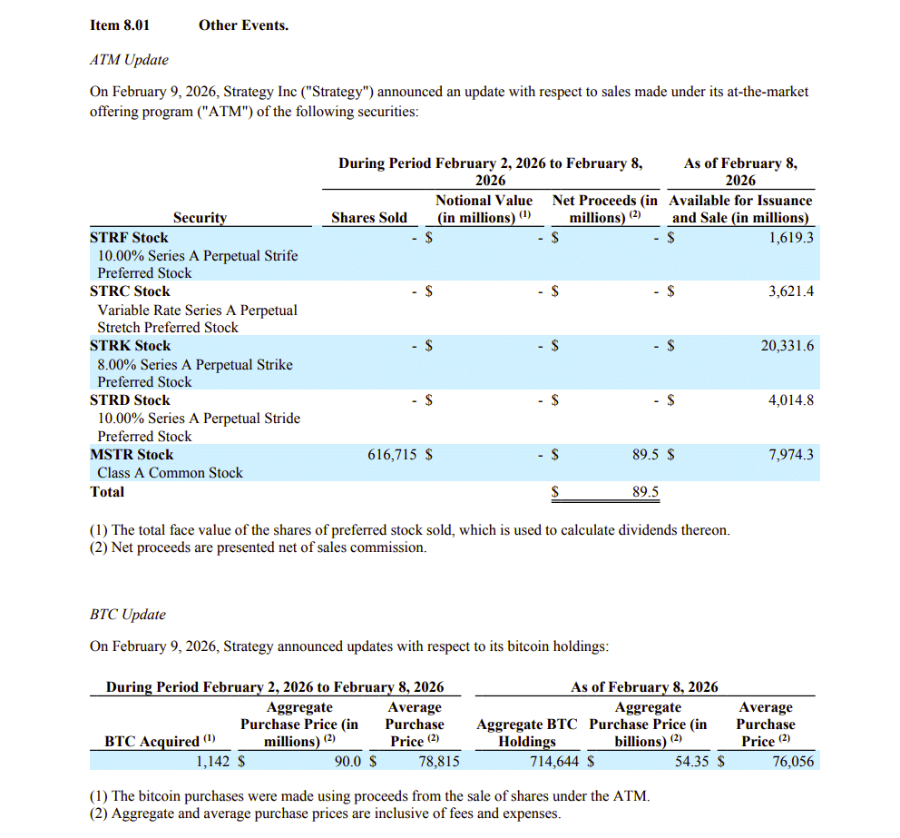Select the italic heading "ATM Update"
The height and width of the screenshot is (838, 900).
tap(129, 60)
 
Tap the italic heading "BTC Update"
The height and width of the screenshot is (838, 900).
tap(128, 615)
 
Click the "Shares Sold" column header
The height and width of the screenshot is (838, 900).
tap(369, 218)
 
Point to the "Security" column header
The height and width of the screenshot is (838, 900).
tap(200, 218)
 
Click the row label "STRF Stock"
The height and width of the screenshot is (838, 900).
tap(129, 238)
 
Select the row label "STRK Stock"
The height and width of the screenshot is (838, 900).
tap(130, 346)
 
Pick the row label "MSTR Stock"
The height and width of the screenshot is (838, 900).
tap(132, 455)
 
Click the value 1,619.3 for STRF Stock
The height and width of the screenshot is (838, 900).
tap(791, 238)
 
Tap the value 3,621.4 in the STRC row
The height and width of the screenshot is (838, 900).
tap(791, 291)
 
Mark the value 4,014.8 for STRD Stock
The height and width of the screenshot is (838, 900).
tap(791, 400)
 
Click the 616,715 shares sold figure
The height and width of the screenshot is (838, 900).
tap(392, 455)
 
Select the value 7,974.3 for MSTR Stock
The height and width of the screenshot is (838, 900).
tap(791, 455)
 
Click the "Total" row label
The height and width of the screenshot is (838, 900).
tap(107, 492)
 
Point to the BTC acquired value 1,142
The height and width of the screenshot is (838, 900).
tap(215, 762)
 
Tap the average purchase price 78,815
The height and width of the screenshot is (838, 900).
tap(439, 762)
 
